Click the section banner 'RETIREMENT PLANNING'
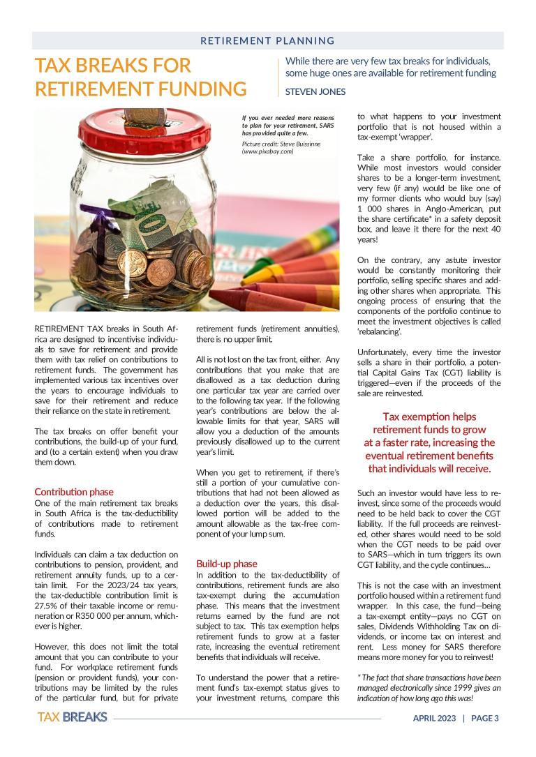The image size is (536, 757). click(267, 41)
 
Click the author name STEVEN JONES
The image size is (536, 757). click(315, 91)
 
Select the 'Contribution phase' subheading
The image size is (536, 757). click(73, 492)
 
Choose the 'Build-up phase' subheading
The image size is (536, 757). click(226, 563)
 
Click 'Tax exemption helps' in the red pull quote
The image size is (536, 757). click(429, 417)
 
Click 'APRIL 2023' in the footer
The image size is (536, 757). click(433, 718)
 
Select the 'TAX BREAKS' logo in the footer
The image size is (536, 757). click(72, 717)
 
